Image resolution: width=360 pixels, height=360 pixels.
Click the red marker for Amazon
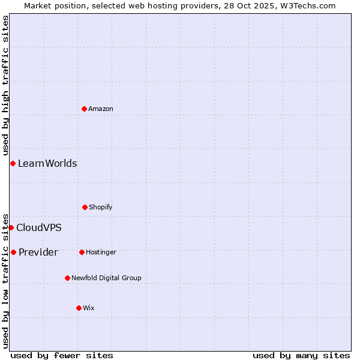pyautogui.click(x=84, y=109)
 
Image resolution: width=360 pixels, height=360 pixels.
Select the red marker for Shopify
pyautogui.click(x=85, y=207)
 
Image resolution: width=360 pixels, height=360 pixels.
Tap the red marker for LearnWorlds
pyautogui.click(x=13, y=163)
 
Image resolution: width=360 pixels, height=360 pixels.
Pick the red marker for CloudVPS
pyautogui.click(x=11, y=227)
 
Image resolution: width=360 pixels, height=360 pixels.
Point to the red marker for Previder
pyautogui.click(x=13, y=252)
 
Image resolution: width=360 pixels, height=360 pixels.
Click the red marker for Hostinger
pyautogui.click(x=82, y=252)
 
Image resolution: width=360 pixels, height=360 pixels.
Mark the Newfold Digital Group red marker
pyautogui.click(x=67, y=278)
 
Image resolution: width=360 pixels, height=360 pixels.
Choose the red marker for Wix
pyautogui.click(x=79, y=308)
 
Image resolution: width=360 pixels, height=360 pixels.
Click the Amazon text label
pyautogui.click(x=101, y=109)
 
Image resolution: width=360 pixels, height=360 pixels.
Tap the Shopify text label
pyautogui.click(x=101, y=207)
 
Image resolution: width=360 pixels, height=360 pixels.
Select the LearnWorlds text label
pyautogui.click(x=47, y=163)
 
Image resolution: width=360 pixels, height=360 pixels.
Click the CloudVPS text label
pyautogui.click(x=39, y=227)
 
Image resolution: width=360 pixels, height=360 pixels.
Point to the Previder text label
pyautogui.click(x=38, y=252)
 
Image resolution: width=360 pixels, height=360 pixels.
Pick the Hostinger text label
pyautogui.click(x=101, y=252)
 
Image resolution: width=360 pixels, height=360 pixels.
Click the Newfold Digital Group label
pyautogui.click(x=106, y=278)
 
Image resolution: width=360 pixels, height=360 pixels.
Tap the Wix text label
pyautogui.click(x=89, y=308)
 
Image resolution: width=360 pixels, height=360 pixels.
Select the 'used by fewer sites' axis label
pyautogui.click(x=62, y=355)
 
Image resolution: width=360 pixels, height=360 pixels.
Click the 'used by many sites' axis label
pyautogui.click(x=301, y=355)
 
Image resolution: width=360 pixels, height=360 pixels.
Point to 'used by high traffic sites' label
pyautogui.click(x=5, y=86)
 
